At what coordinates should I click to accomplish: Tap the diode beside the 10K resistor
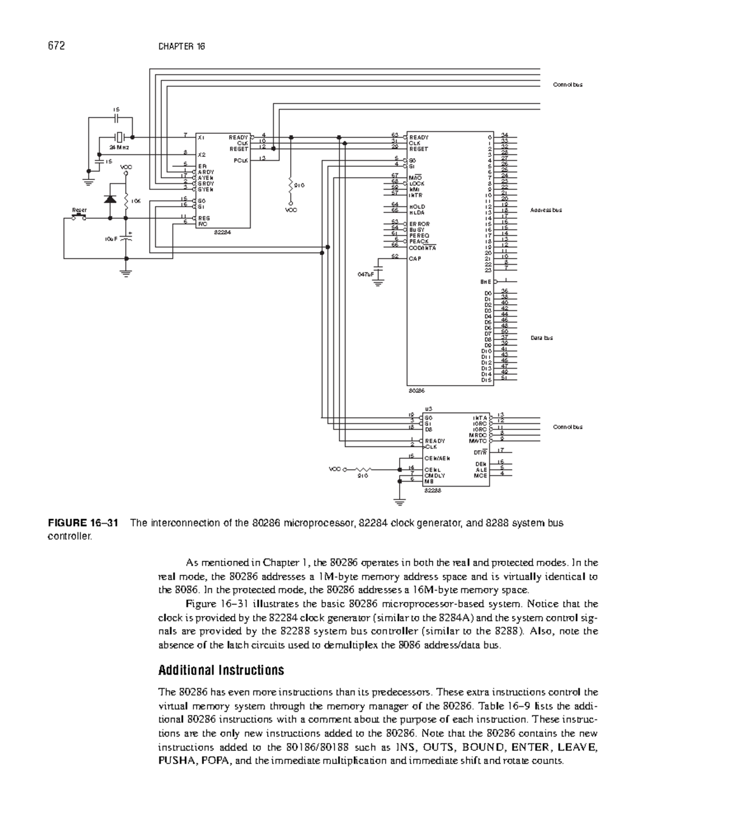coord(111,199)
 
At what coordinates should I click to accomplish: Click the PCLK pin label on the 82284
coord(240,160)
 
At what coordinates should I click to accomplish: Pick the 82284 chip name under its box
coord(222,231)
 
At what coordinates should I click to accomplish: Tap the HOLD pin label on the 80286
coord(417,206)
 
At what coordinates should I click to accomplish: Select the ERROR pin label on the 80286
coord(420,224)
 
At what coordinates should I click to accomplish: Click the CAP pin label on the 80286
coord(415,259)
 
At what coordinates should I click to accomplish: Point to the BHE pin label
coord(485,282)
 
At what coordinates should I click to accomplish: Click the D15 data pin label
coord(485,380)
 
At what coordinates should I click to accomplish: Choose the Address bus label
coord(546,210)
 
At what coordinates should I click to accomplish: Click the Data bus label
coord(541,338)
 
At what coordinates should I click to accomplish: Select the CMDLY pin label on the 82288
coord(435,475)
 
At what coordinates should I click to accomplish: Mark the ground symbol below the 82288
coord(400,502)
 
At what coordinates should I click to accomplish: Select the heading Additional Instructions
coord(221,670)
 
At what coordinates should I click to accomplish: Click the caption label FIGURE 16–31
coord(84,523)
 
